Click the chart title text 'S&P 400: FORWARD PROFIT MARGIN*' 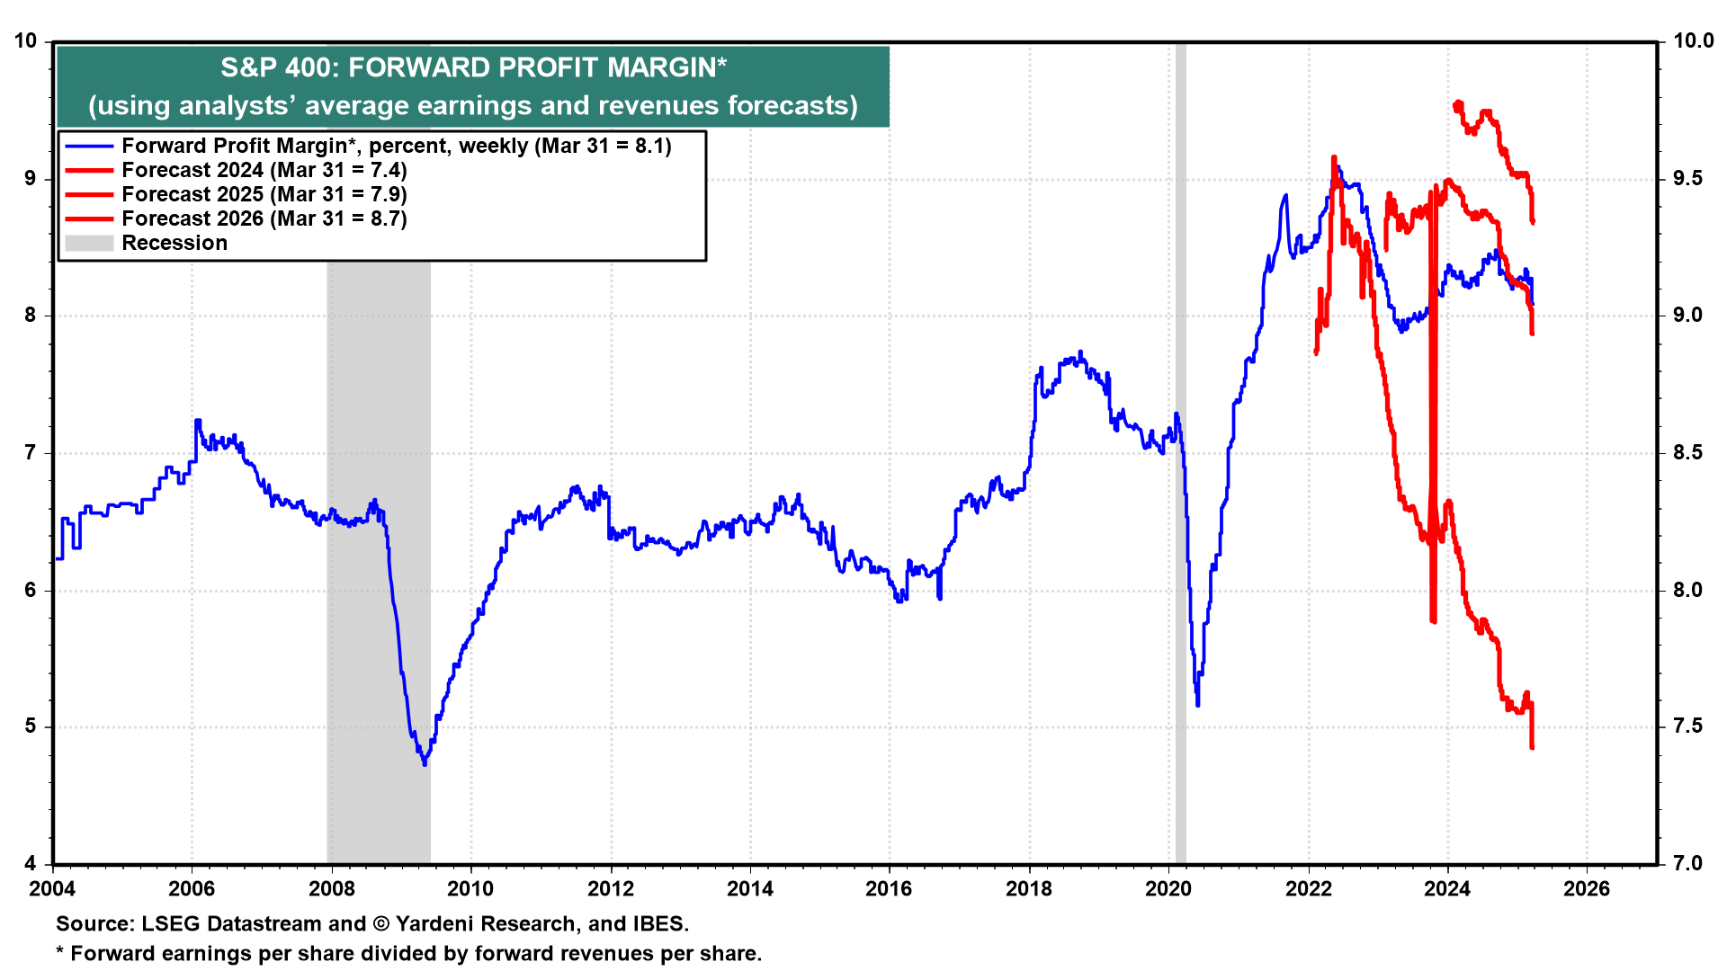click(x=473, y=68)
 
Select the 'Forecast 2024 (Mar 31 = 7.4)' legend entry click(x=264, y=170)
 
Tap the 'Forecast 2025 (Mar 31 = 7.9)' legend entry click(x=264, y=194)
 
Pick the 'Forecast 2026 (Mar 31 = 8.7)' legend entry click(x=264, y=218)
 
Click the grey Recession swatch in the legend click(x=89, y=243)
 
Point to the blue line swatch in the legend click(x=89, y=146)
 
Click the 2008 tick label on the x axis click(x=332, y=889)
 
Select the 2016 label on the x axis click(x=889, y=889)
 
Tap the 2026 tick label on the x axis click(x=1587, y=889)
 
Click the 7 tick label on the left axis click(x=31, y=452)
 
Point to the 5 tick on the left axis click(x=31, y=726)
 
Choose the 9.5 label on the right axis click(x=1687, y=178)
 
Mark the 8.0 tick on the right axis click(x=1687, y=590)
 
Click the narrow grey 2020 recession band click(x=1180, y=450)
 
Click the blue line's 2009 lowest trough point click(x=425, y=764)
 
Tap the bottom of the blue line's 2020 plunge click(x=1197, y=704)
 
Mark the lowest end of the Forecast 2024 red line click(x=1532, y=747)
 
